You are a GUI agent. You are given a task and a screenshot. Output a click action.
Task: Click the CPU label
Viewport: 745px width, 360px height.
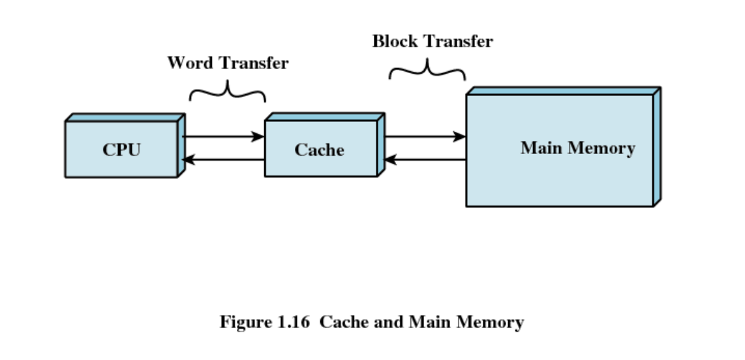(x=121, y=149)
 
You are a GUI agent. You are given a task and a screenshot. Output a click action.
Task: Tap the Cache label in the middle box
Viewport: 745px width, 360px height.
(x=319, y=149)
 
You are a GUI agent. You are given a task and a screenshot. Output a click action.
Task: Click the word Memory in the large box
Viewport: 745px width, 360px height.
(x=601, y=147)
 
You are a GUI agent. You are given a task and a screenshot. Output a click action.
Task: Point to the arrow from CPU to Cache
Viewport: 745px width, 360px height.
(x=223, y=137)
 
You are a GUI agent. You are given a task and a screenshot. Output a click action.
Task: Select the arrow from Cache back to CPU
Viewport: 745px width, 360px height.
(x=223, y=160)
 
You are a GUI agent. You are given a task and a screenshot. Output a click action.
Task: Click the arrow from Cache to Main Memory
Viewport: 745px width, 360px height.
(x=425, y=137)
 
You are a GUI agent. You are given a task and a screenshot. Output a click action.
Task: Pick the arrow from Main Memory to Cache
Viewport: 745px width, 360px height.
(x=425, y=160)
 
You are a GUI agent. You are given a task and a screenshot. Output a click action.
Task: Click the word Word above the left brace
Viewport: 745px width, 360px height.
(x=190, y=63)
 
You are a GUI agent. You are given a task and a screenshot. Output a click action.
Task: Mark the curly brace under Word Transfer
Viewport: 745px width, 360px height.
(x=228, y=92)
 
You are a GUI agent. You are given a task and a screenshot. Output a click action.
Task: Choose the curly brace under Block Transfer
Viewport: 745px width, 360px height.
(x=427, y=69)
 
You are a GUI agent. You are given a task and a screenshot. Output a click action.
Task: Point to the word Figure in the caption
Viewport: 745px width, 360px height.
(x=243, y=322)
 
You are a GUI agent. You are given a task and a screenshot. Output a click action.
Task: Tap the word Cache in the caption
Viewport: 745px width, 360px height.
(x=342, y=322)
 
